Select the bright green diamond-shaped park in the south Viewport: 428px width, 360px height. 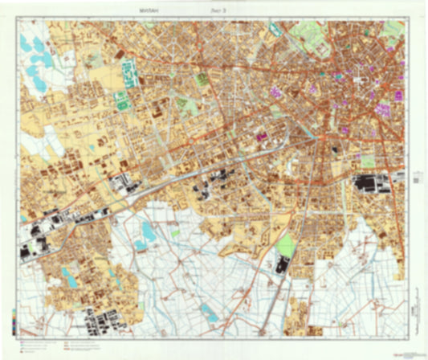[286, 244]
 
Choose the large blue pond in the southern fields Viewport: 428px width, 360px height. [147, 235]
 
